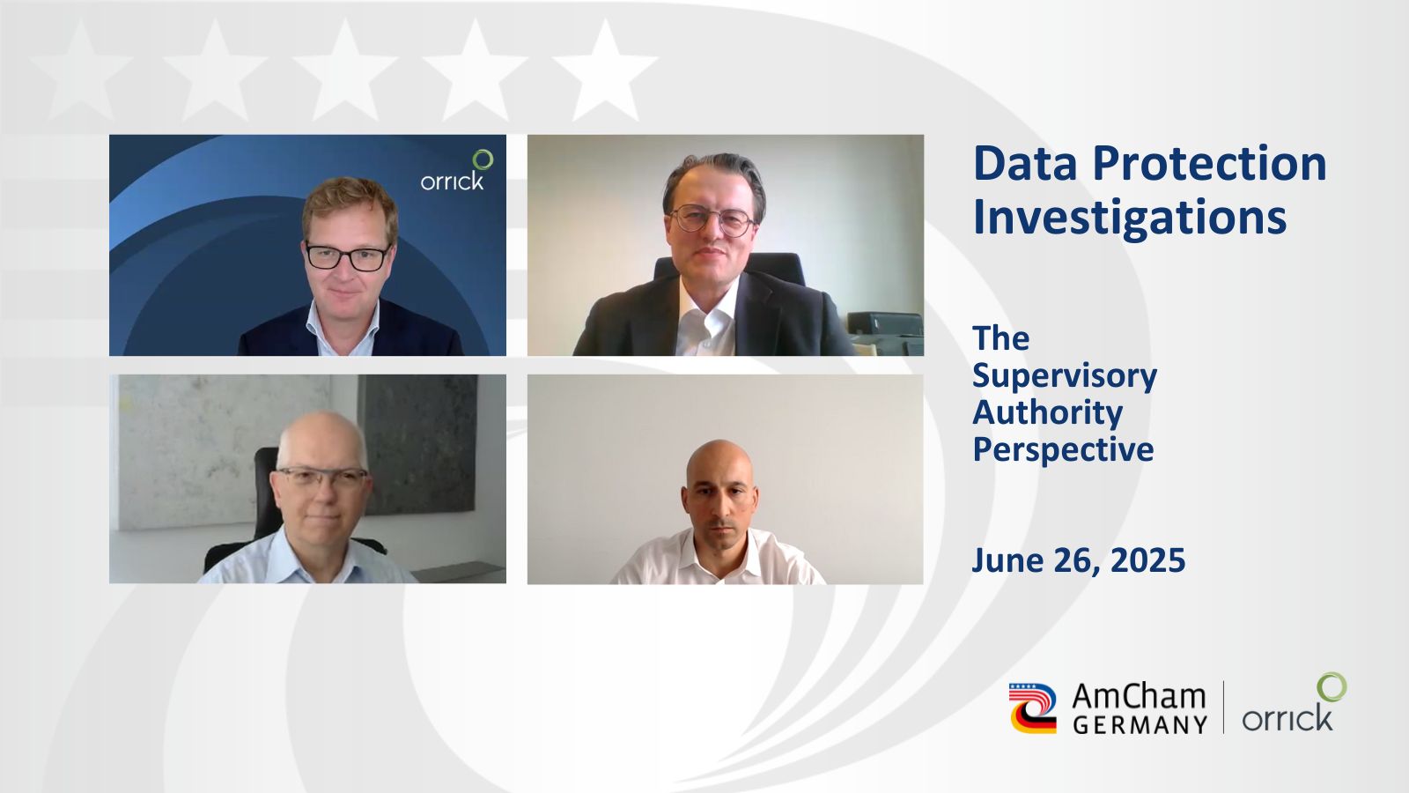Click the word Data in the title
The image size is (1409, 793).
(x=1025, y=164)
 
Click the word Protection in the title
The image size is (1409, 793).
(x=1210, y=164)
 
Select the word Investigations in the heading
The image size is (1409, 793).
(x=1130, y=217)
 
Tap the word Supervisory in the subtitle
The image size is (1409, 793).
(x=1065, y=376)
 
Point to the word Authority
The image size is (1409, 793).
(x=1048, y=413)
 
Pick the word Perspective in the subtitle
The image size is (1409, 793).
(x=1064, y=450)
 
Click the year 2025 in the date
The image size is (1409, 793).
(x=1148, y=560)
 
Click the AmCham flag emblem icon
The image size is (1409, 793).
(x=1033, y=708)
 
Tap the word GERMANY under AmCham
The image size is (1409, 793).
(x=1140, y=724)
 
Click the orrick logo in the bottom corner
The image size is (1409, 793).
(x=1295, y=703)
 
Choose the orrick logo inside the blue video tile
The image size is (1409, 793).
(x=457, y=170)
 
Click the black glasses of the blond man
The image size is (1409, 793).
(x=348, y=257)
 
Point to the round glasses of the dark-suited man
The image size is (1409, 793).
(x=712, y=219)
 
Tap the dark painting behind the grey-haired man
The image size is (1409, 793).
(x=417, y=444)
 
